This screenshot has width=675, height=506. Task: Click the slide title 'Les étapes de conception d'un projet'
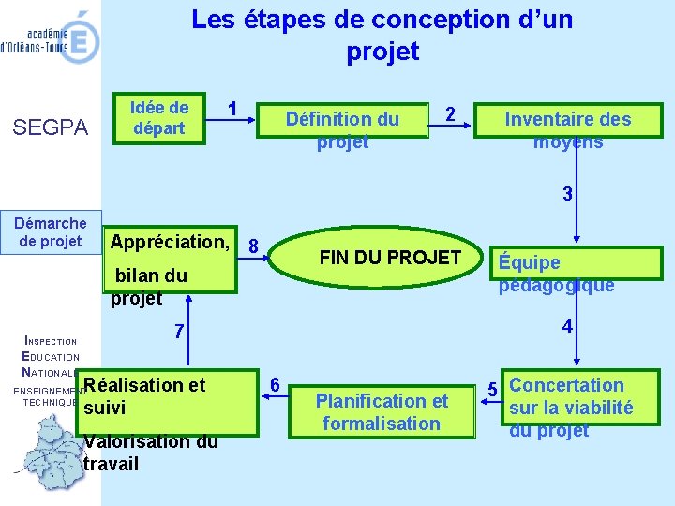point(382,35)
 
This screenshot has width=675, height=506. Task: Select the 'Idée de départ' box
point(159,118)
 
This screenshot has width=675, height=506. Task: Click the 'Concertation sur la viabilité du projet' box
point(571,407)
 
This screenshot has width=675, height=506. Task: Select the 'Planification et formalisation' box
point(382,411)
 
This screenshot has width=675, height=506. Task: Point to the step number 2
point(451,114)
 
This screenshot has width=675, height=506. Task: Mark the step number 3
point(566,195)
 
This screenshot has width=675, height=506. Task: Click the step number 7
point(179,333)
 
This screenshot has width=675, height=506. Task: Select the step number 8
point(253,246)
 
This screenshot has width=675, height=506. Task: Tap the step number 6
point(274,385)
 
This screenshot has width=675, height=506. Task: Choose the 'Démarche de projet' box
point(51,232)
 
